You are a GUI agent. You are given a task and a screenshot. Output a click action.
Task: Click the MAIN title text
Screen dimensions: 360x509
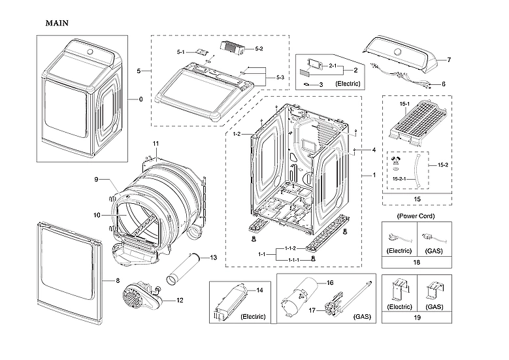click(x=57, y=23)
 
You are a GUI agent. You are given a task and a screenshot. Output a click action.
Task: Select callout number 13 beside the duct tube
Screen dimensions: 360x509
click(x=213, y=258)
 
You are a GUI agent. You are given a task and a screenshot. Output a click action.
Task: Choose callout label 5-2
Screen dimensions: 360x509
click(x=259, y=49)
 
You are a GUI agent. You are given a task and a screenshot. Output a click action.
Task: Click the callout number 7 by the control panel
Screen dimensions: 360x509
click(x=449, y=59)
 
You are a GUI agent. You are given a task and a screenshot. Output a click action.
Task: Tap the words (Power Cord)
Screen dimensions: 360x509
click(x=416, y=216)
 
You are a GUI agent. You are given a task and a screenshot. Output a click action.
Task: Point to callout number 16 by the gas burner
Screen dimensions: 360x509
click(x=330, y=283)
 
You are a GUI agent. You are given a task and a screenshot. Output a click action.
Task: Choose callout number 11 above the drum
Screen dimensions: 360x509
click(x=156, y=143)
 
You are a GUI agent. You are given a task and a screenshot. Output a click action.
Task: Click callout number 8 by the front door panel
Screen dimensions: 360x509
click(x=118, y=281)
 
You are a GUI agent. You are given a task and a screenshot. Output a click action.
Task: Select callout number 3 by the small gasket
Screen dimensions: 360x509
click(x=320, y=85)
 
